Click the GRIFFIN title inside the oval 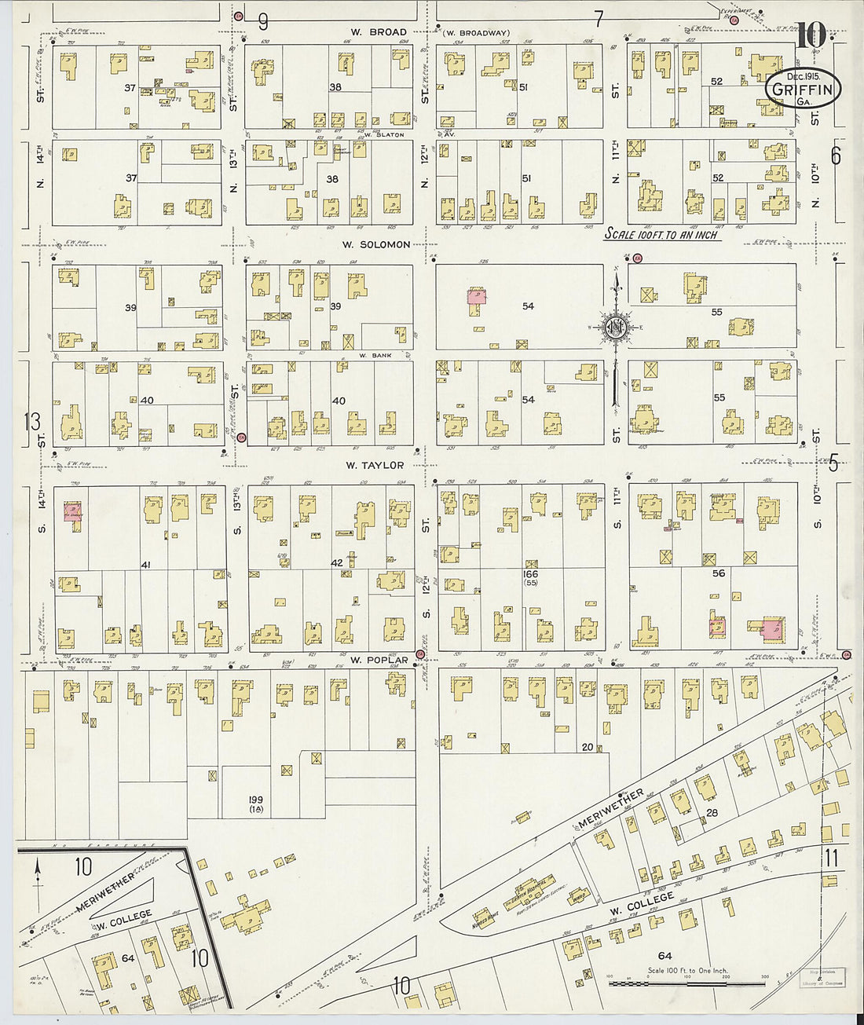pos(802,89)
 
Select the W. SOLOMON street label pos(375,244)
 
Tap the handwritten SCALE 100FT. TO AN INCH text pos(661,234)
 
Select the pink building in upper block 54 pos(476,296)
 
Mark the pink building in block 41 pos(72,512)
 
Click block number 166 pos(531,574)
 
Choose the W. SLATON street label pos(384,134)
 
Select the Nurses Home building pos(485,916)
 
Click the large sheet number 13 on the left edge pos(31,422)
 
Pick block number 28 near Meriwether pos(712,813)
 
